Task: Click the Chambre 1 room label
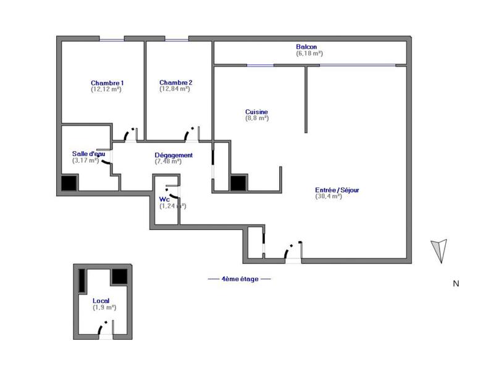tap(107, 83)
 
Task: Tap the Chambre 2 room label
tap(176, 83)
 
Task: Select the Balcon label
tap(307, 47)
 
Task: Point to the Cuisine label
tap(256, 112)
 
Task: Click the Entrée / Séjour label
tap(337, 191)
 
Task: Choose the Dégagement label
tap(174, 155)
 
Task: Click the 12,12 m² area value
tap(106, 90)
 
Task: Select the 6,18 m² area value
tap(309, 54)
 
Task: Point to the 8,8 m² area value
tap(257, 118)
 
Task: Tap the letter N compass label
tap(456, 284)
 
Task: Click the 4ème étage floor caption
tap(238, 279)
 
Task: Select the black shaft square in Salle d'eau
tap(69, 183)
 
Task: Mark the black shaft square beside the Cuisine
tap(238, 183)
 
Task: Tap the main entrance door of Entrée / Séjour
tap(293, 251)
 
